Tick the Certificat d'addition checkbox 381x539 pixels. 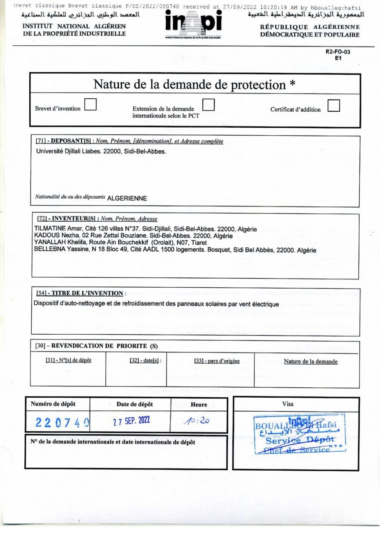point(333,106)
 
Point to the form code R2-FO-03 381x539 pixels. point(338,52)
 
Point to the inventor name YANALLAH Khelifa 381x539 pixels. point(57,243)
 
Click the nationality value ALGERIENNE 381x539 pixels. point(127,198)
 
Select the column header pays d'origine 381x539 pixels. point(217,361)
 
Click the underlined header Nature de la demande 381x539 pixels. point(310,361)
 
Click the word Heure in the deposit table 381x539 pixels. point(199,404)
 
